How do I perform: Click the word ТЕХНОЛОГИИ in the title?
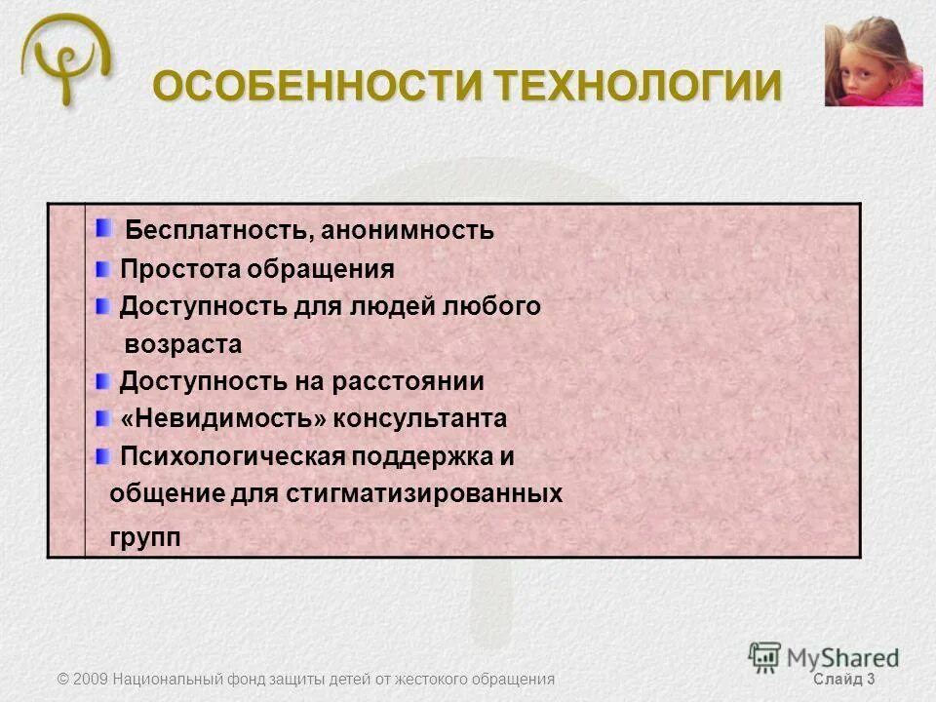(639, 87)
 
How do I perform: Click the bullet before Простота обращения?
(103, 267)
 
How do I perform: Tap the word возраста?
(183, 345)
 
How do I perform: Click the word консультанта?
(420, 419)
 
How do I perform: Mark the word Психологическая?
(232, 456)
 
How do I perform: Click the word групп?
(145, 537)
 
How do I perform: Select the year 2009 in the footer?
(91, 679)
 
